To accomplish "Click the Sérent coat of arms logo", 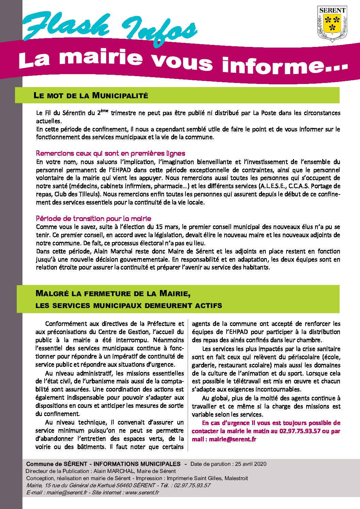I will click(x=332, y=23).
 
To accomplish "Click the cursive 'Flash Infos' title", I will click(x=109, y=29).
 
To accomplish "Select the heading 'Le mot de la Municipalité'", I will click(x=91, y=96).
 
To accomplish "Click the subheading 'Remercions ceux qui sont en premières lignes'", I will click(x=111, y=153).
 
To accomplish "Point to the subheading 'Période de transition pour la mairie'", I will click(x=94, y=219).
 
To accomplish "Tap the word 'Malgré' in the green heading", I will click(x=52, y=293).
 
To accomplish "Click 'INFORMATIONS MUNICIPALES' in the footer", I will click(x=137, y=464).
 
